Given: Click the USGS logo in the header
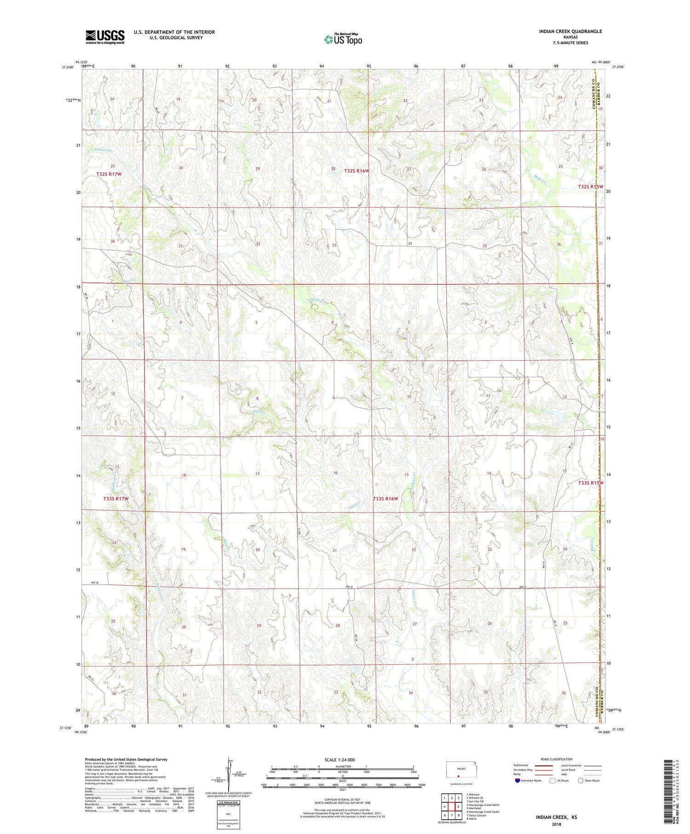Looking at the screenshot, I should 105,37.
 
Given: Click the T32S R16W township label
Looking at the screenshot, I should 356,171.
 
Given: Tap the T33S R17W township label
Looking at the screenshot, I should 115,499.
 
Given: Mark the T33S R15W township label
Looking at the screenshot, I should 590,483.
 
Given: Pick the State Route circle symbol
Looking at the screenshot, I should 581,780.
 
